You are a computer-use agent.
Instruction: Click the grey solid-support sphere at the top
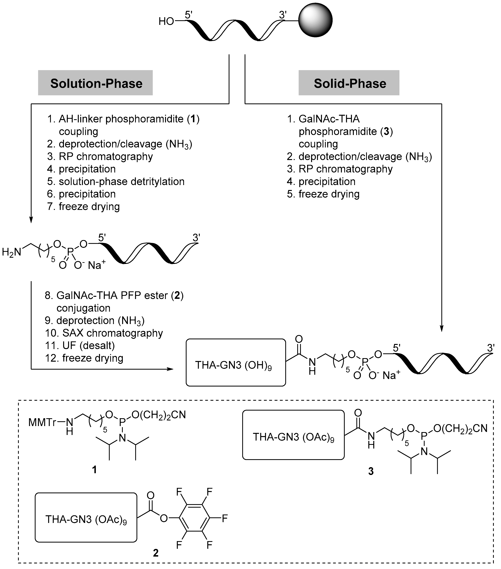(x=315, y=20)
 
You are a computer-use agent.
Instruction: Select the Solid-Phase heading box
(x=349, y=83)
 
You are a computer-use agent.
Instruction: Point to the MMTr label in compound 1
(x=42, y=423)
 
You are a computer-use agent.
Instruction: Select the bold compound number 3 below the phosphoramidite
(x=371, y=471)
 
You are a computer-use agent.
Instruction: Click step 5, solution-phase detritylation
(x=116, y=182)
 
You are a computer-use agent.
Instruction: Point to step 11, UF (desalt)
(x=80, y=346)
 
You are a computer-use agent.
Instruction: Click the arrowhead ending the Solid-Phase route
(x=441, y=329)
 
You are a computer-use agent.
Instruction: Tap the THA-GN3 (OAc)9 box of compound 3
(x=293, y=437)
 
